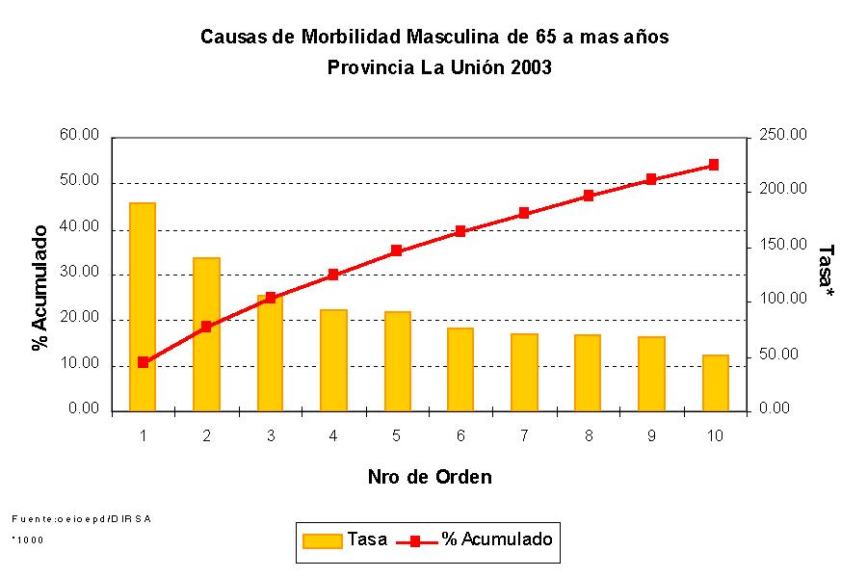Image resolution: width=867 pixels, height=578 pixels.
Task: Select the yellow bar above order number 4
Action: coord(333,360)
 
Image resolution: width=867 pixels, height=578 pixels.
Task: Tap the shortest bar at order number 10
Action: coord(715,382)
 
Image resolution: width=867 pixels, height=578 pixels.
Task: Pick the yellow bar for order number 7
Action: coord(524,372)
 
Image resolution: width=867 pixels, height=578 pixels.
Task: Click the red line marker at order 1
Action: coord(143,362)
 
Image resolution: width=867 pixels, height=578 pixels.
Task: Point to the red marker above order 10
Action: coord(714,165)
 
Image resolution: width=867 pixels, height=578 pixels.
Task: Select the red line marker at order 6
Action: coord(460,231)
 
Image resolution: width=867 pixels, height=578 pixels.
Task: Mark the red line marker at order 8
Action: coord(588,196)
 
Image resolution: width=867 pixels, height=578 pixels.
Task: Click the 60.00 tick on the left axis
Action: coord(79,136)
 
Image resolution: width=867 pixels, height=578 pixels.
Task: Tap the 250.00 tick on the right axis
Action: coord(783,136)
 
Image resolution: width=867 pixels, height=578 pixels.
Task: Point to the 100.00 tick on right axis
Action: coord(783,300)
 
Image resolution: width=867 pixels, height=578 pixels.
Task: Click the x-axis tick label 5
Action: coord(396,435)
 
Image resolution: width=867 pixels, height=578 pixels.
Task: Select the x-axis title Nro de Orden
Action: coord(430,477)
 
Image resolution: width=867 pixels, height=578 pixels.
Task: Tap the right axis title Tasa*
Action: coord(826,271)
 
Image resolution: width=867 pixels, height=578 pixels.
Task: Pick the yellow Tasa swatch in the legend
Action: coord(322,540)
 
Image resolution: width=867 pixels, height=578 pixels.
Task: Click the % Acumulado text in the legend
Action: coord(497,539)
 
